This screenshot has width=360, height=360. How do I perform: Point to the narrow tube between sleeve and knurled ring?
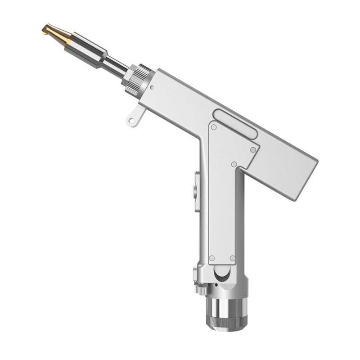[115, 66]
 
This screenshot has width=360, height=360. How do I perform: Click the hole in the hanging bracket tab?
[131, 121]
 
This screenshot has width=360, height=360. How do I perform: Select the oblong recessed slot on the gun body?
[235, 124]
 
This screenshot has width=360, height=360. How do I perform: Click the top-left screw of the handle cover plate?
[214, 127]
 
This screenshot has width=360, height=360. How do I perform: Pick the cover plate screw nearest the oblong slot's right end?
[253, 149]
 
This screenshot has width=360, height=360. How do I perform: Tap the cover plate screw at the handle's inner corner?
[234, 164]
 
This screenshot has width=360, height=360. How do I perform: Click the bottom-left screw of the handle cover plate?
[211, 258]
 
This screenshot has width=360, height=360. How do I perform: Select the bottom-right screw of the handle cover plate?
[232, 258]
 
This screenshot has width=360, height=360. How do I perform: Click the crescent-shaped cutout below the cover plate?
[222, 273]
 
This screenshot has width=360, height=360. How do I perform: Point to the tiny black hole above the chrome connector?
[216, 285]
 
